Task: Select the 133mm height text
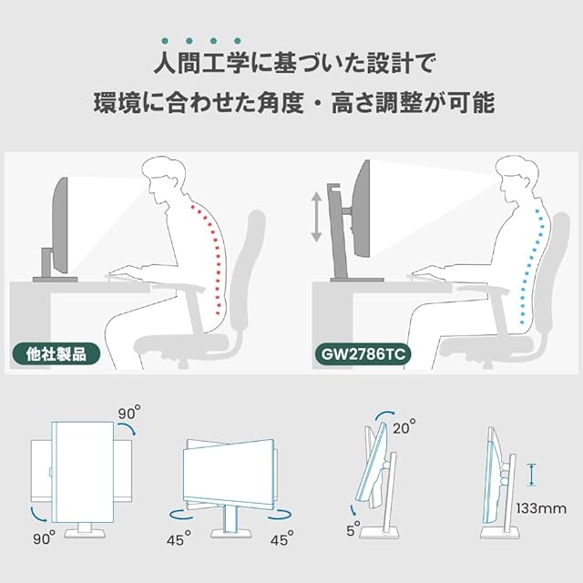[x=540, y=507]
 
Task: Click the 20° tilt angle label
[x=405, y=426]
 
